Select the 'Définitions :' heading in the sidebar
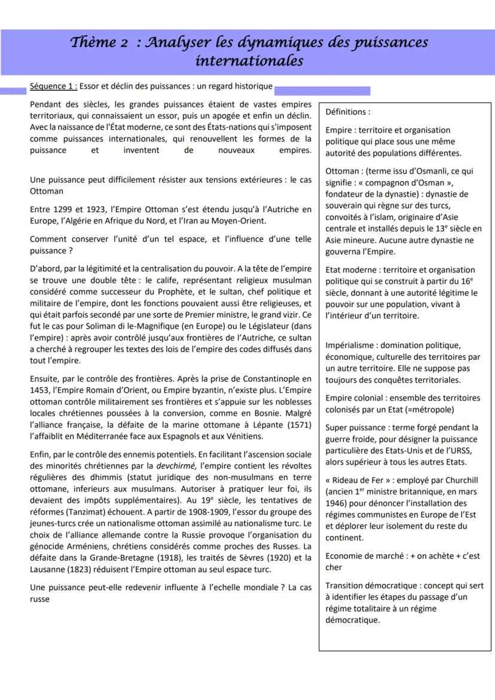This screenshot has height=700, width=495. point(348,112)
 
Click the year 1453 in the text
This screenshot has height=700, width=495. point(40,390)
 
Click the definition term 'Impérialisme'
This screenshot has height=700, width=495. point(352,346)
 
